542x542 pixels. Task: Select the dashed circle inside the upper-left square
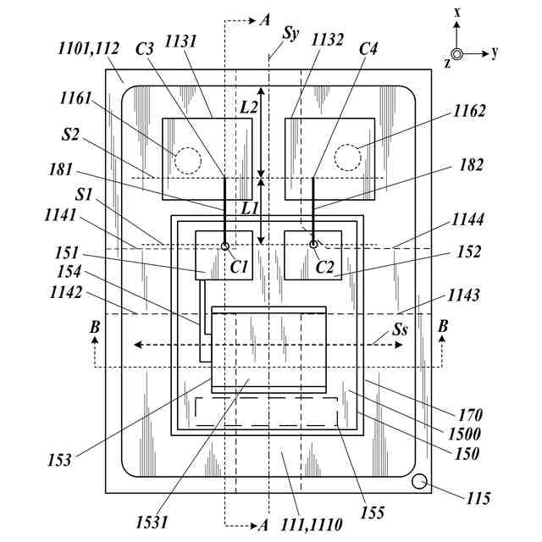pyautogui.click(x=186, y=158)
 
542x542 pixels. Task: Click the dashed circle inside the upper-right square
pyautogui.click(x=347, y=157)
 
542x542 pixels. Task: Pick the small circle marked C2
pyautogui.click(x=313, y=246)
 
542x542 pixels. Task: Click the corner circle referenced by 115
pyautogui.click(x=419, y=483)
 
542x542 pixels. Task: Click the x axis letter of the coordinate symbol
pyautogui.click(x=456, y=12)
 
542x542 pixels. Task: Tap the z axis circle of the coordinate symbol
pyautogui.click(x=457, y=53)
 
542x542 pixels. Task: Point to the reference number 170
pyautogui.click(x=468, y=415)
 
